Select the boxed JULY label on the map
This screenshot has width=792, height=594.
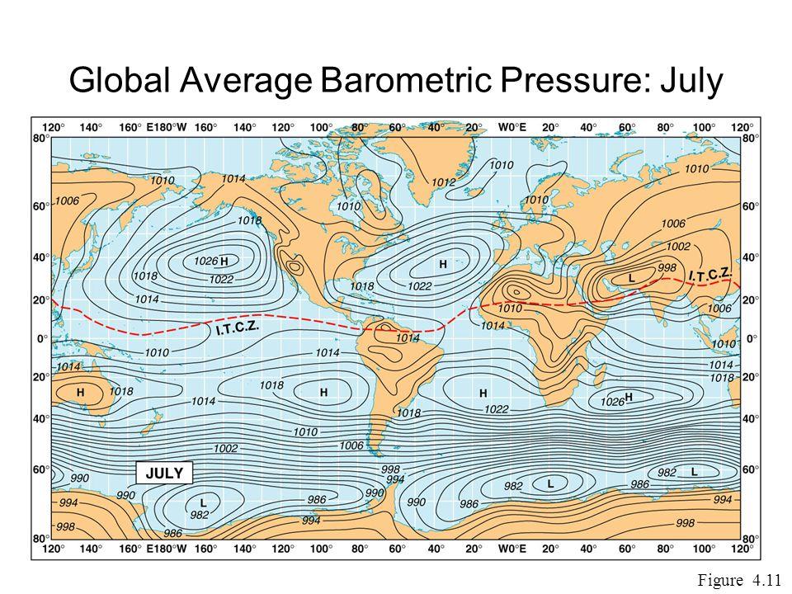click(x=163, y=474)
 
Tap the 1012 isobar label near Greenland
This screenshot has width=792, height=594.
click(x=444, y=181)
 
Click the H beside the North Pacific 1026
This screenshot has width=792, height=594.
click(x=224, y=260)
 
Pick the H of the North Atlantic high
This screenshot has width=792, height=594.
click(x=443, y=264)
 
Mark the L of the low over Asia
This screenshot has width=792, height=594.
click(x=632, y=279)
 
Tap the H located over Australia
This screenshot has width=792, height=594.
click(x=80, y=393)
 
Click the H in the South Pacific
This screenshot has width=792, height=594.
click(x=324, y=391)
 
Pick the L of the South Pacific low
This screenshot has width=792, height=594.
click(x=203, y=501)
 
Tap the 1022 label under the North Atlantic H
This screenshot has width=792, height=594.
click(x=419, y=286)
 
